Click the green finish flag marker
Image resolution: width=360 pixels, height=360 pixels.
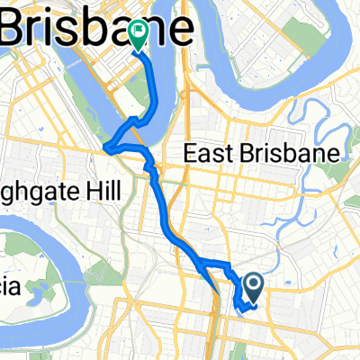pyautogui.click(x=139, y=35)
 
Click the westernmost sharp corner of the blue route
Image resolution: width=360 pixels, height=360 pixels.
pyautogui.click(x=107, y=148)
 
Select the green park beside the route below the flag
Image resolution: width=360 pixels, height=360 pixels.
pyautogui.click(x=149, y=94)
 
